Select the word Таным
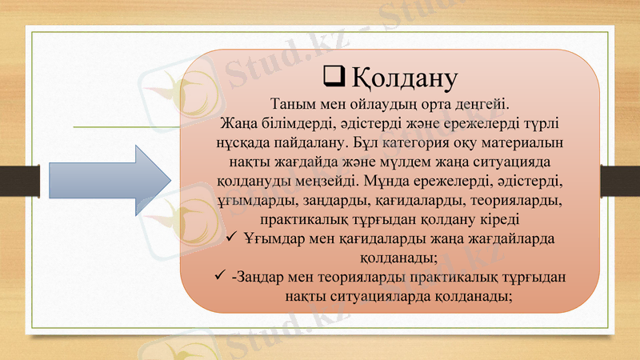click(x=294, y=105)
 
